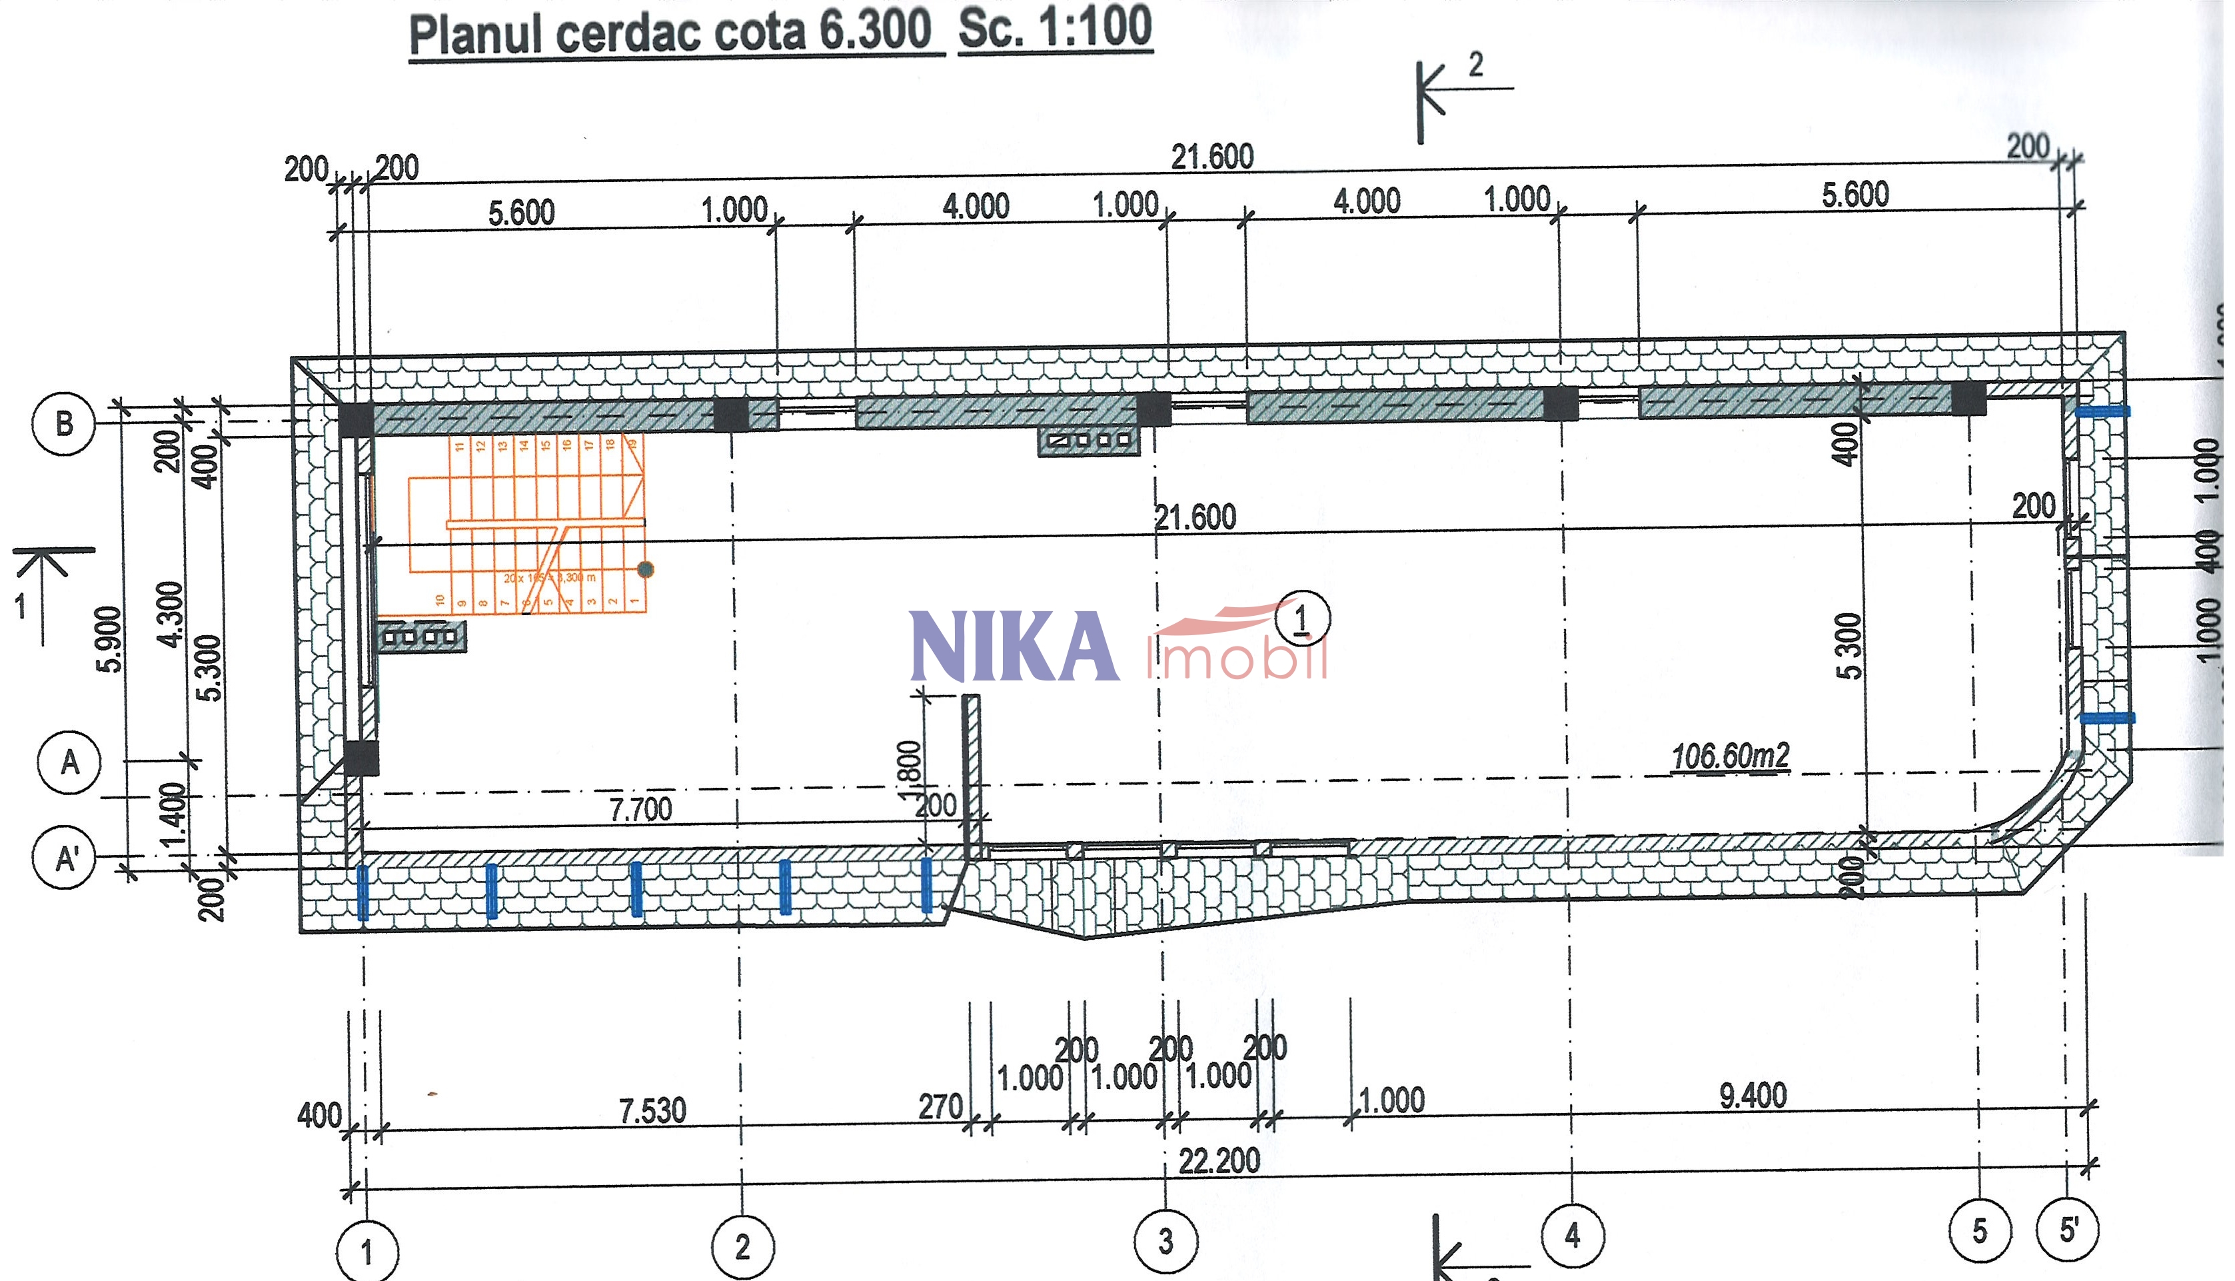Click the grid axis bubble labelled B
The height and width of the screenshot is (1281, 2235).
(x=63, y=423)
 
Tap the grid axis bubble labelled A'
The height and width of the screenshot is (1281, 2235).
(x=64, y=858)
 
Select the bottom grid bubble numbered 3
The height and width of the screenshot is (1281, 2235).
(x=1165, y=1242)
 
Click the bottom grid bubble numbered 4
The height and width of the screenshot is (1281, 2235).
(x=1573, y=1235)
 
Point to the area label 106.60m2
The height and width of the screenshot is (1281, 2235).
(x=1729, y=756)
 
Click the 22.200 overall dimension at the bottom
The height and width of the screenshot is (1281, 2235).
(x=1219, y=1161)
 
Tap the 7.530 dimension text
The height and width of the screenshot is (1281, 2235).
(x=652, y=1111)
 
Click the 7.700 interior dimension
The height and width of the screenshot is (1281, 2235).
(x=640, y=808)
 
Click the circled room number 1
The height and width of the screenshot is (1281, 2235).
(x=1303, y=619)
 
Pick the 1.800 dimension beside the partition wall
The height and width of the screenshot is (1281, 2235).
(x=909, y=772)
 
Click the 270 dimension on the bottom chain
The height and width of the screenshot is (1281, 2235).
(x=940, y=1107)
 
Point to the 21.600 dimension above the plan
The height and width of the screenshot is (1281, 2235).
(x=1212, y=157)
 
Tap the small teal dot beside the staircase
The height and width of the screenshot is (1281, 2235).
(x=646, y=569)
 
